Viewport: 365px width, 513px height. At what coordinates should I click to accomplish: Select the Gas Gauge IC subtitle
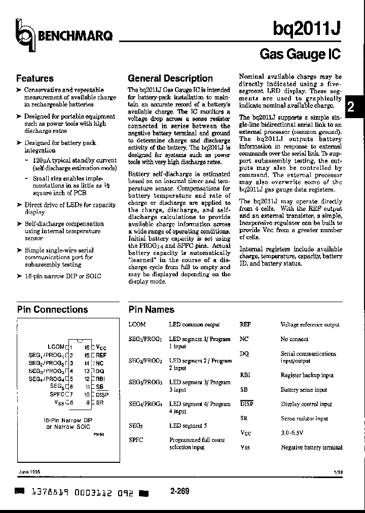pos(300,54)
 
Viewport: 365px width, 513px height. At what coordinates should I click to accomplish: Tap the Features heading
pos(35,79)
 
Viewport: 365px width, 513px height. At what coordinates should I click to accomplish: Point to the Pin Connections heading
pos(52,309)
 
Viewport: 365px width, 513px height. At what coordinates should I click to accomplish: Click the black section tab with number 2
pos(350,108)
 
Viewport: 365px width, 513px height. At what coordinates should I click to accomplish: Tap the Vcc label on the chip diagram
pos(101,347)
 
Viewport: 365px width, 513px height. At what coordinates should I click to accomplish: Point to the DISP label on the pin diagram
pos(102,394)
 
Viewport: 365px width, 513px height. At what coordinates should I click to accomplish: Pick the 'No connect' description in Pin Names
pos(295,339)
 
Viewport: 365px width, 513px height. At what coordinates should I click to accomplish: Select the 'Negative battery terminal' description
pos(311,448)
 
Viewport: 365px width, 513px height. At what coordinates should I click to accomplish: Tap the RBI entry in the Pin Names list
pos(245,375)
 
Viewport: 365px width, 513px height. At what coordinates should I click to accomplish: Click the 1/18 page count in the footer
pos(338,471)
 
